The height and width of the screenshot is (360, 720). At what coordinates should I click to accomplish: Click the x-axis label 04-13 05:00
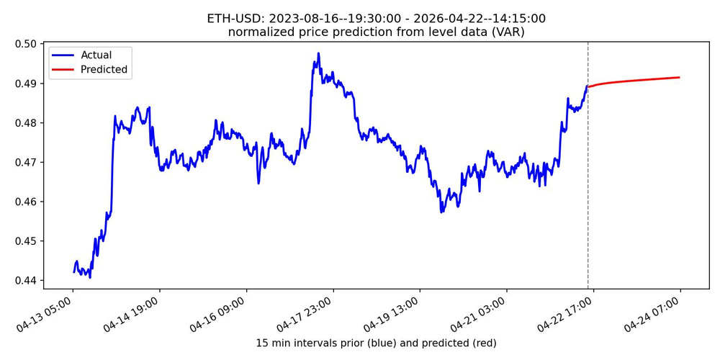click(48, 312)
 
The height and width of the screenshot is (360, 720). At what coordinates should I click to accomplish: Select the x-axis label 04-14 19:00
click(135, 312)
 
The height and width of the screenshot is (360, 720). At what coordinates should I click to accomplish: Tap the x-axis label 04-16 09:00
click(221, 312)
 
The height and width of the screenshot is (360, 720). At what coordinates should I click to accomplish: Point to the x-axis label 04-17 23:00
click(308, 312)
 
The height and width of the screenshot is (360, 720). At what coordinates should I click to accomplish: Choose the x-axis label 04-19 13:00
click(395, 312)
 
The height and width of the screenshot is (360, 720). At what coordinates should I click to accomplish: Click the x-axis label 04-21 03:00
click(482, 312)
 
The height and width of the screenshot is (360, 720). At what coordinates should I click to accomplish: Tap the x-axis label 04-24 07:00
click(655, 312)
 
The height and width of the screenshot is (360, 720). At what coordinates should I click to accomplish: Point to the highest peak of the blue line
click(318, 53)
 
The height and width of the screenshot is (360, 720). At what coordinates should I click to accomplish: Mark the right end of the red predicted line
click(679, 78)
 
